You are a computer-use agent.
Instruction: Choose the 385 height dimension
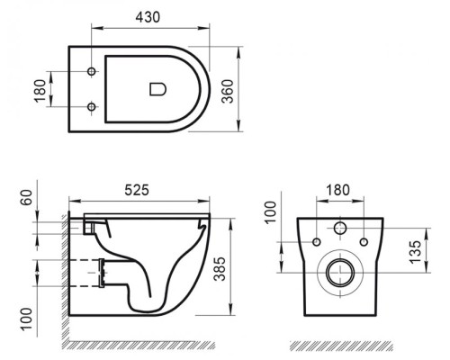[238, 267]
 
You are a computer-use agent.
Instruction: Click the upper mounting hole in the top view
[93, 70]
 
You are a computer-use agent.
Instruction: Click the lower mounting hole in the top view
[93, 107]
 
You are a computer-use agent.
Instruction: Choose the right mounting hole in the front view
[361, 242]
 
